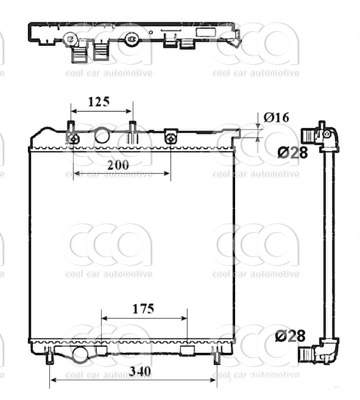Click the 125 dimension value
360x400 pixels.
(97, 101)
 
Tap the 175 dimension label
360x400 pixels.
(142, 309)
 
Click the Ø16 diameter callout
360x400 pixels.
(276, 118)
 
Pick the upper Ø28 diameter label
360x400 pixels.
(290, 151)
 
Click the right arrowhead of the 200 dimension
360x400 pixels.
(170, 172)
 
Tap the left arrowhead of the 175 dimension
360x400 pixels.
(102, 322)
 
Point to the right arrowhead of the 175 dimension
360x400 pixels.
(185, 322)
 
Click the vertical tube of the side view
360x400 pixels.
(332, 240)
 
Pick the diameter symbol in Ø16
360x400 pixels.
(267, 118)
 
